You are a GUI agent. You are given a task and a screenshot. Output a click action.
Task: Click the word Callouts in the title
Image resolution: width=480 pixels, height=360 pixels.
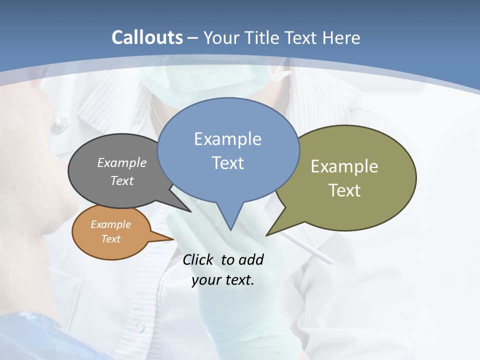pos(147,37)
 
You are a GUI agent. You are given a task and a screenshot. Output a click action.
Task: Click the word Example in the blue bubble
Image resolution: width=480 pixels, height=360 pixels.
pos(227,139)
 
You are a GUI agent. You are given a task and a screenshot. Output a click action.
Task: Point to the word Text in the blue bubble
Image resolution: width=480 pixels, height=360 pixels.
pos(227,163)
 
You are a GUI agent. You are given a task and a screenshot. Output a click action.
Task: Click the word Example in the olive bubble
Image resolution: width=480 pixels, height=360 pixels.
pos(344,166)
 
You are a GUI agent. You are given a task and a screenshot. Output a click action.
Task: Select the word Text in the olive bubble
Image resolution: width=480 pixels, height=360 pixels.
pos(344,190)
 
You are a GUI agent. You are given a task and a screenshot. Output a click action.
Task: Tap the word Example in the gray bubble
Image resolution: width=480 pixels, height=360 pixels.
pos(121,163)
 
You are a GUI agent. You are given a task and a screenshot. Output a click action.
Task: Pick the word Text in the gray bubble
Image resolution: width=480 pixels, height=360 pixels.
pos(121,180)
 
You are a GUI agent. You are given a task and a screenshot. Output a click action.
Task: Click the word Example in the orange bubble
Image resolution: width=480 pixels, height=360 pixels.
pos(110,224)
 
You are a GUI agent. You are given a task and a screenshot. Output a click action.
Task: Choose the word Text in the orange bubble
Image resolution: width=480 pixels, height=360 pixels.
pos(110,239)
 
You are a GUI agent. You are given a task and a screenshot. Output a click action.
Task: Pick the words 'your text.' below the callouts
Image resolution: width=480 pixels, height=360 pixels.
pos(223,280)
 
